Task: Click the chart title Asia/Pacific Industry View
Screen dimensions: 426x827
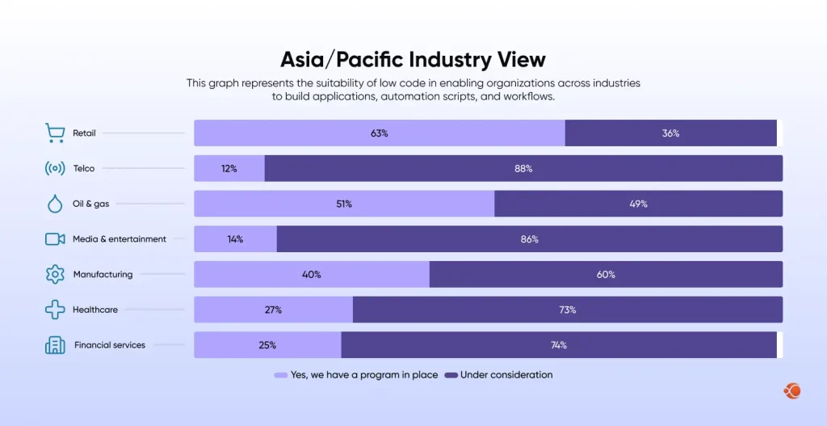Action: (x=413, y=59)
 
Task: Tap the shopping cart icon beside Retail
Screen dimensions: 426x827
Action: (x=55, y=133)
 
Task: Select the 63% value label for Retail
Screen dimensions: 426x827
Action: (x=380, y=133)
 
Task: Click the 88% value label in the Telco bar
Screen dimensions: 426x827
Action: (x=523, y=168)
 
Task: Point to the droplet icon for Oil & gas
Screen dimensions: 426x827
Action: (x=55, y=204)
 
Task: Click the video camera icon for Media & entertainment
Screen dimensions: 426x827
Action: (x=55, y=239)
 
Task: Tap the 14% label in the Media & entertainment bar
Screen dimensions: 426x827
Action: (x=235, y=239)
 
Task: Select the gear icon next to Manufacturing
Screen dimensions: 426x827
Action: (x=55, y=274)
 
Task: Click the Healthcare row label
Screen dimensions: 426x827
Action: (x=95, y=310)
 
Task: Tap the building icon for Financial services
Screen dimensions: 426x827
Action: (x=55, y=345)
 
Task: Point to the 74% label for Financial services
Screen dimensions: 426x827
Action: (x=559, y=345)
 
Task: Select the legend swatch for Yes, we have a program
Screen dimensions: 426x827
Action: (x=281, y=375)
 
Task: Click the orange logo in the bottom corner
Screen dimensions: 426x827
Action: (x=792, y=391)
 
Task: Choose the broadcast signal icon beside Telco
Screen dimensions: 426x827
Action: (x=55, y=168)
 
